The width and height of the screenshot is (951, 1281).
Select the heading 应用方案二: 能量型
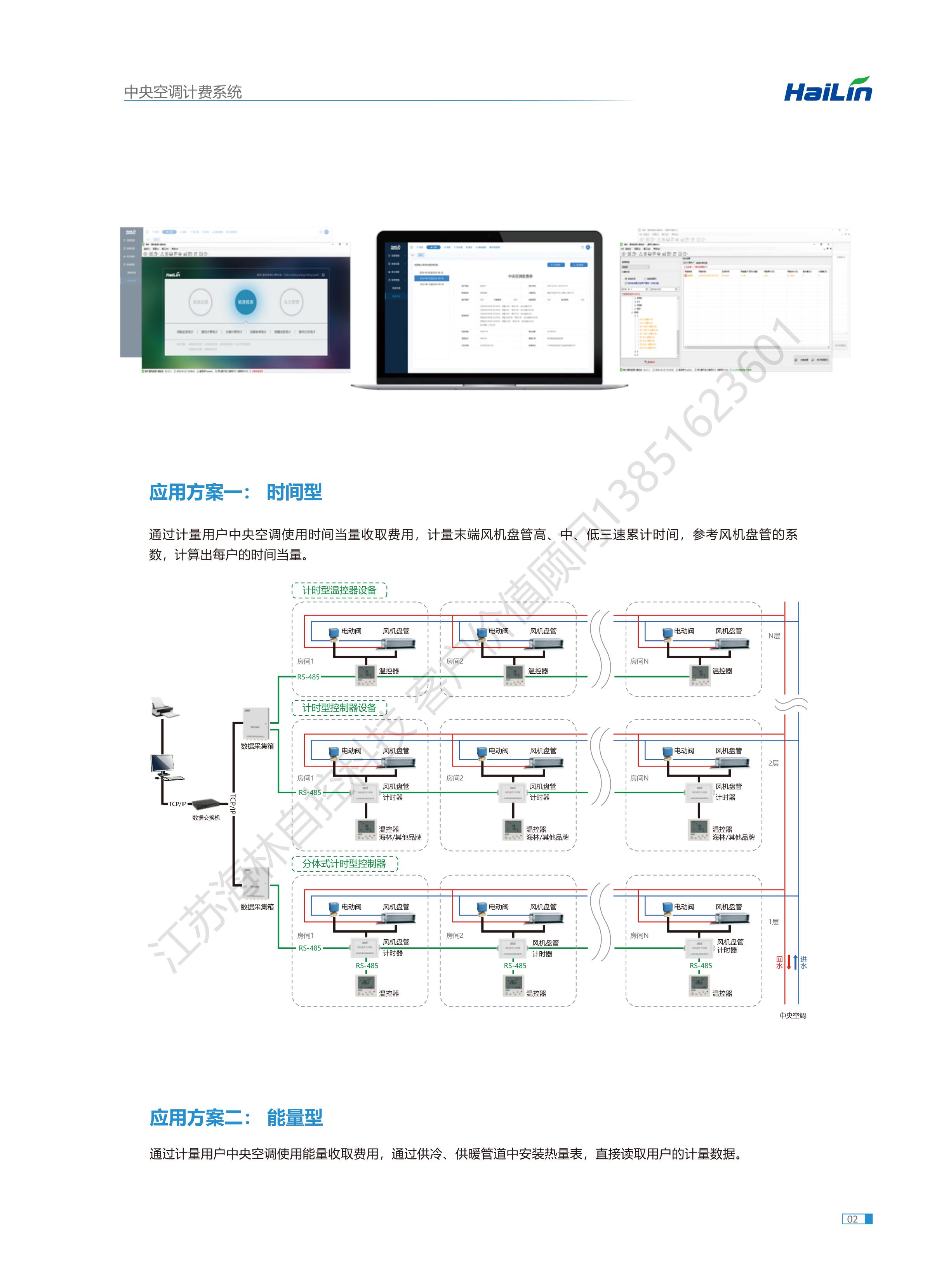[x=236, y=1117]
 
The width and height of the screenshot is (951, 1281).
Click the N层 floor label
[x=774, y=636]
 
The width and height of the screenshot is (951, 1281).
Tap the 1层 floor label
[x=773, y=922]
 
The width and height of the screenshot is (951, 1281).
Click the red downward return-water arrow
[x=789, y=961]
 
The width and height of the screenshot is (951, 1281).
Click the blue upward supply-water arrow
[x=796, y=961]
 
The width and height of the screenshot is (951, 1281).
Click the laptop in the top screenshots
[x=489, y=308]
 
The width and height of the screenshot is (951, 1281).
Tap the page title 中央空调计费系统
[x=183, y=92]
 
